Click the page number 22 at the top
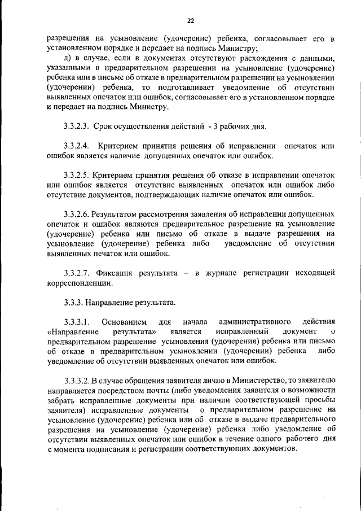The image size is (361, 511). coord(191,21)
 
